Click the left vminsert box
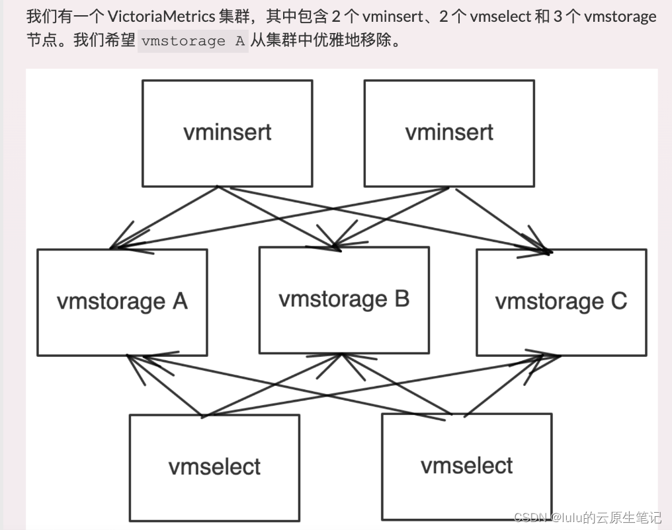227,133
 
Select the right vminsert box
448,133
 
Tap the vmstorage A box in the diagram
122,302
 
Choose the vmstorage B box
343,300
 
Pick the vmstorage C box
561,302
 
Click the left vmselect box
214,467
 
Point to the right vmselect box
466,465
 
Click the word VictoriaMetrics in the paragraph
159,16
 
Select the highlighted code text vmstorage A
192,41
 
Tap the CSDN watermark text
587,517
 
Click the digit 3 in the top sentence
557,16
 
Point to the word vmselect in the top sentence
501,16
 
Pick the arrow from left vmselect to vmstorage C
377,387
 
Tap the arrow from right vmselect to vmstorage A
298,387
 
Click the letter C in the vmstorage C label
618,302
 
